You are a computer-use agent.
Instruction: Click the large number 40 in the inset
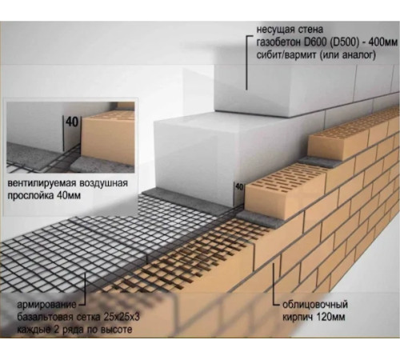click(x=72, y=122)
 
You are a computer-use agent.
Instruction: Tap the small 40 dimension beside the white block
click(x=239, y=187)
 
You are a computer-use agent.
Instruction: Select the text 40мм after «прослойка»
click(x=69, y=196)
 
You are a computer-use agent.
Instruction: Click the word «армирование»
click(x=46, y=305)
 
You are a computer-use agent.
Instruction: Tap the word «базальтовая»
click(x=44, y=318)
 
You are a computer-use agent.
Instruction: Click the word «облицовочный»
click(x=315, y=305)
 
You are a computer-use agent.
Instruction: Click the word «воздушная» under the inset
click(x=102, y=184)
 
